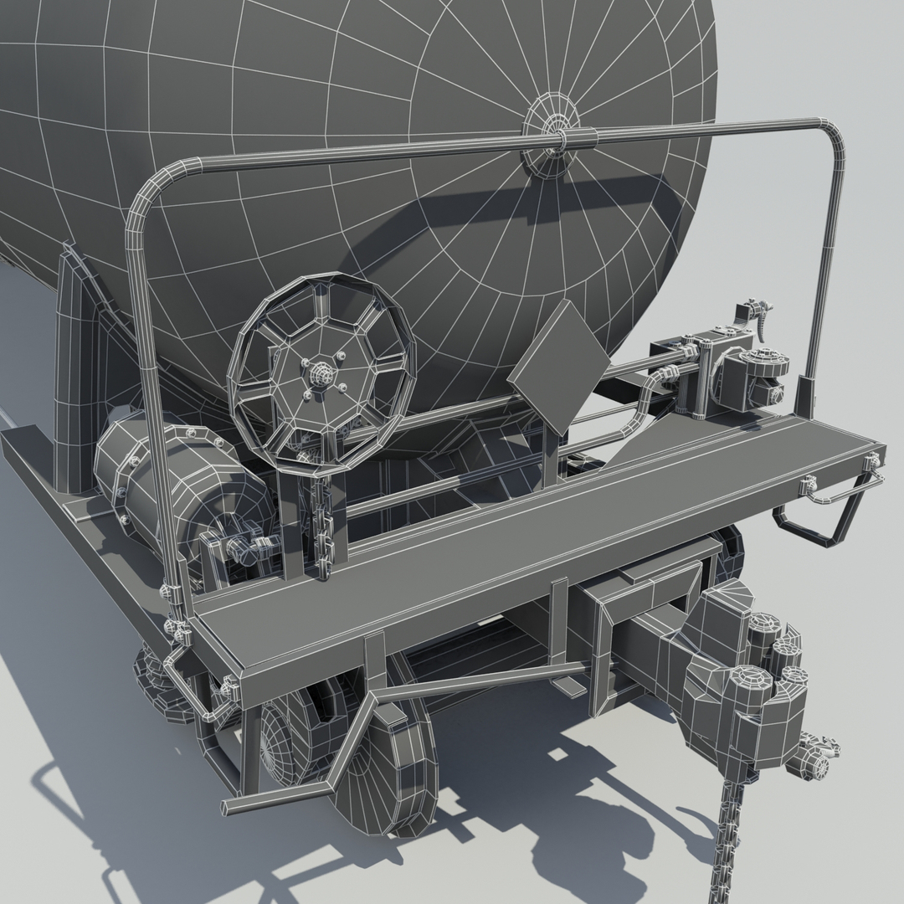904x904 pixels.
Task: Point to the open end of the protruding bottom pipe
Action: tap(227, 806)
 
